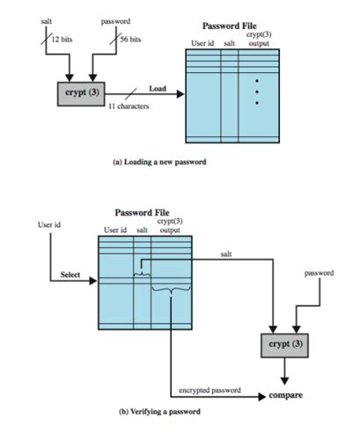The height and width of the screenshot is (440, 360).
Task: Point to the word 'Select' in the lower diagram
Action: pyautogui.click(x=70, y=275)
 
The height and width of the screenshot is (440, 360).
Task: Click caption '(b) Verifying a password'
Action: pyautogui.click(x=159, y=411)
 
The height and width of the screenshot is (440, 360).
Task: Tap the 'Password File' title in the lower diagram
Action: pyautogui.click(x=142, y=213)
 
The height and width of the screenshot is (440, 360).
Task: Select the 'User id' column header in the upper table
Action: pyautogui.click(x=203, y=43)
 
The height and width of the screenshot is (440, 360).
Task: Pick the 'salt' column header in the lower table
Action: pyautogui.click(x=142, y=231)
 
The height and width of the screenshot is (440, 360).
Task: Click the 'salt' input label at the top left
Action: pyautogui.click(x=47, y=18)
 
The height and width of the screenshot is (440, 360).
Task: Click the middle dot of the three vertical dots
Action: pyautogui.click(x=257, y=91)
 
